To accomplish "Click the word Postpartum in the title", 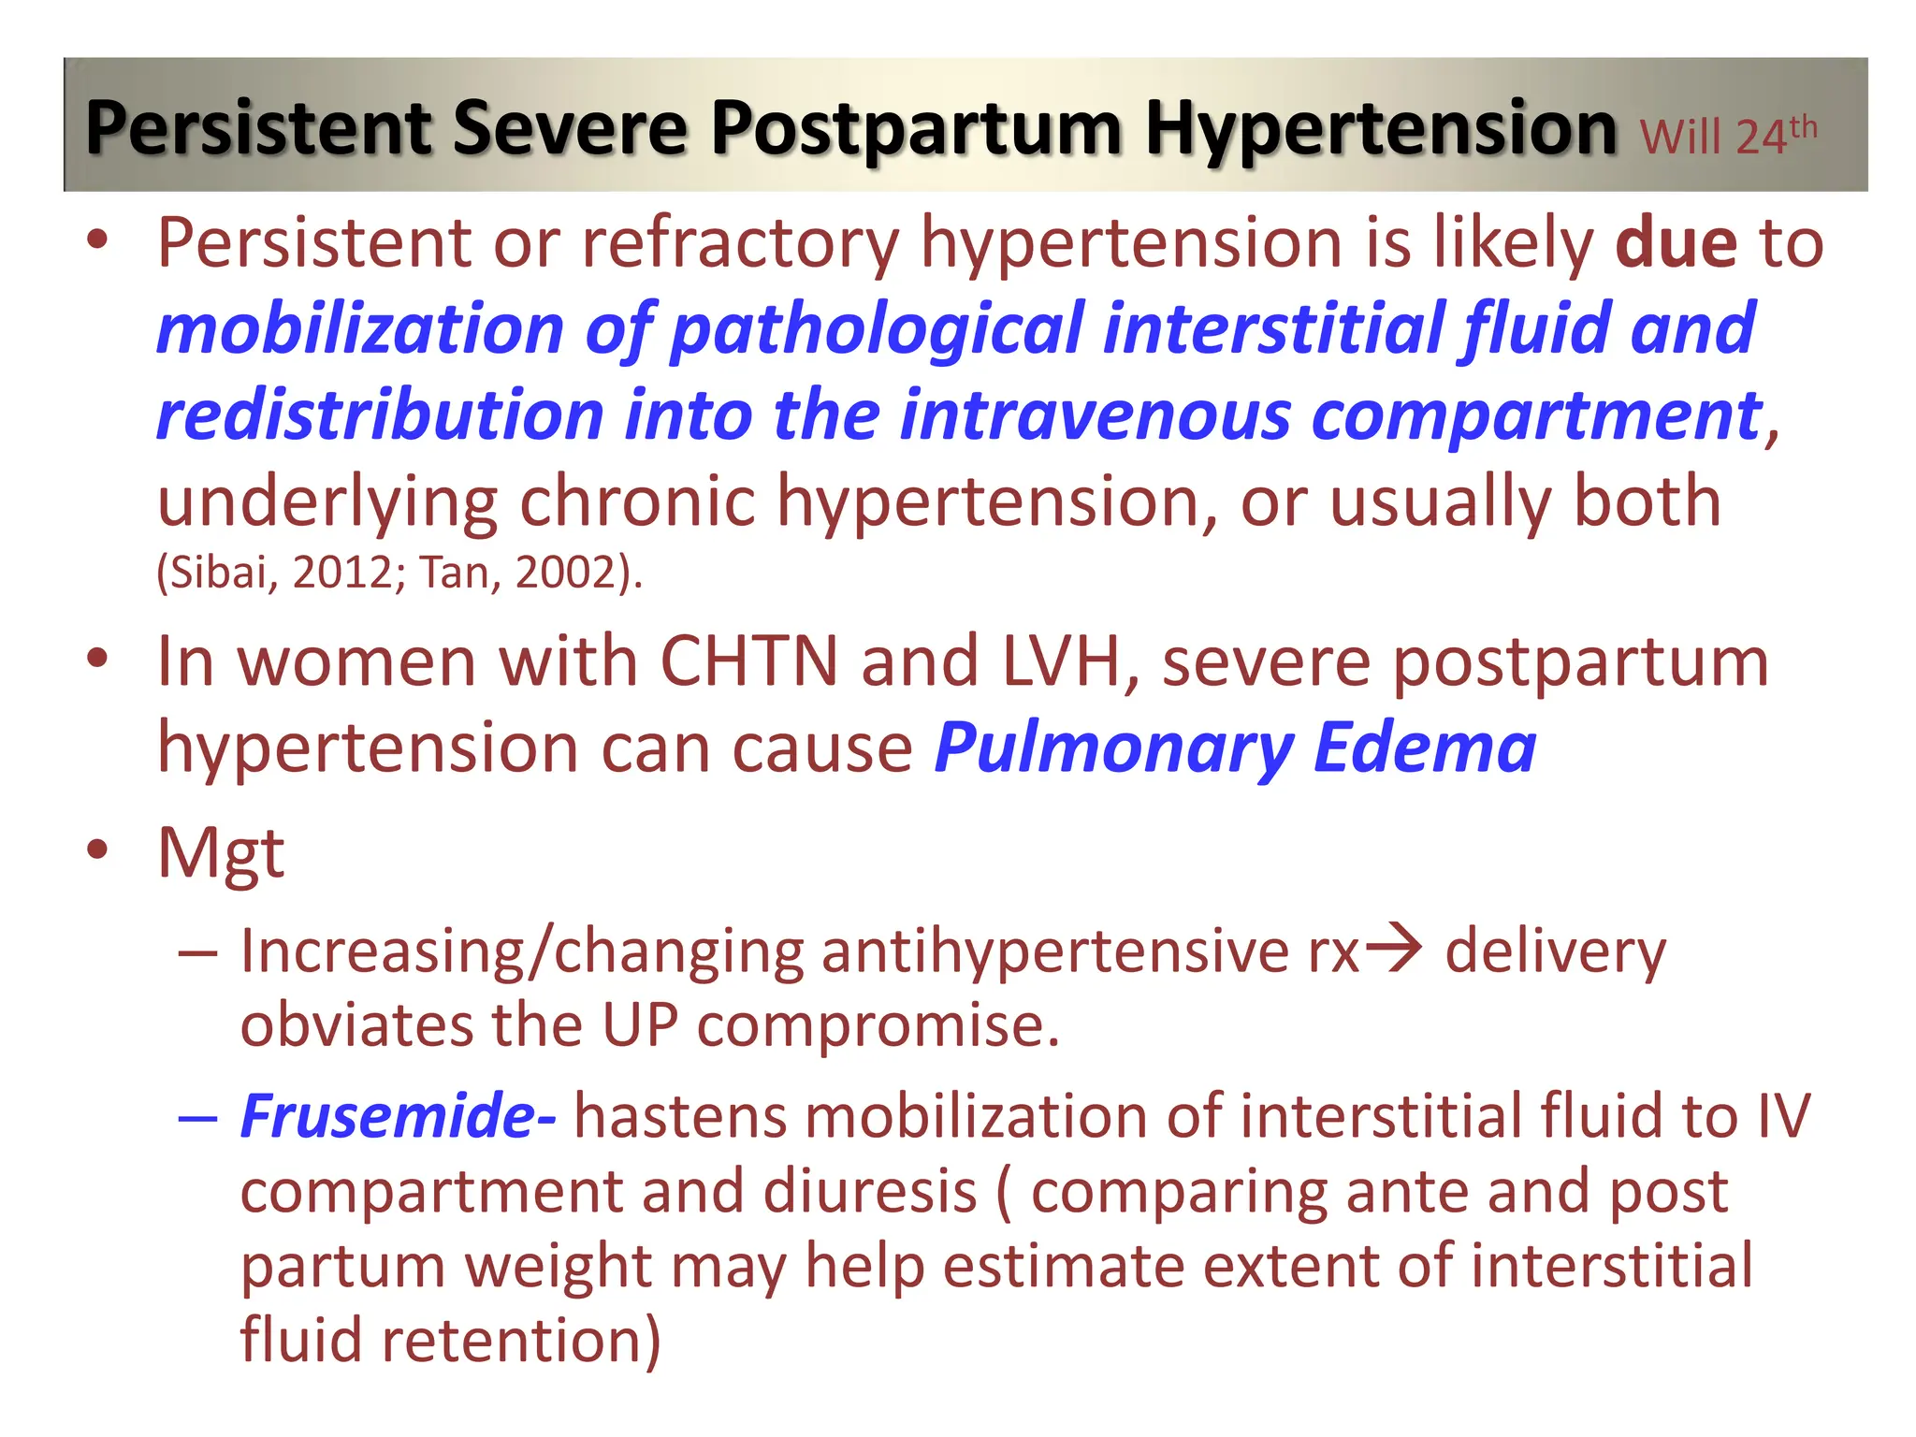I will point(915,129).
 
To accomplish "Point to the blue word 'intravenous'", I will point(1095,415).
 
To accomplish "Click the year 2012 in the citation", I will point(341,573).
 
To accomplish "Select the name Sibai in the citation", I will point(217,573).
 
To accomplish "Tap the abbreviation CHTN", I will point(748,661).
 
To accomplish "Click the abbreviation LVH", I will point(1062,661).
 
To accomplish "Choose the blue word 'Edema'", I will point(1424,748).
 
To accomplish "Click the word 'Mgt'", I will point(221,853).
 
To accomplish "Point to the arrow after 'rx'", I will point(1393,951).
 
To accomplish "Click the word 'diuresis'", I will point(869,1192).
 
